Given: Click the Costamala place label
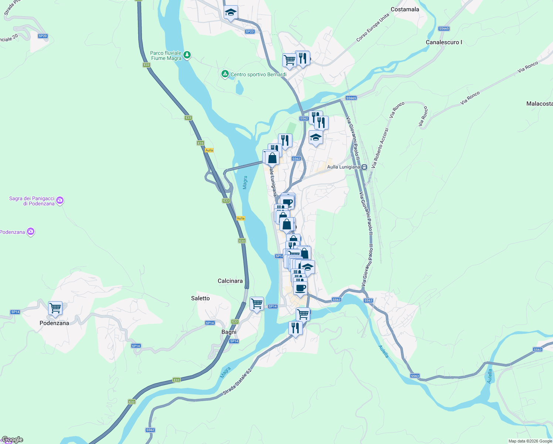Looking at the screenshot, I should tap(405, 9).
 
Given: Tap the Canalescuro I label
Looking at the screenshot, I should tap(444, 42).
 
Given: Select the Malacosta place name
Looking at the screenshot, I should tap(539, 104).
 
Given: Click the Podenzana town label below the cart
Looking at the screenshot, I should tap(54, 323).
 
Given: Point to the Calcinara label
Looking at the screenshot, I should tap(230, 281).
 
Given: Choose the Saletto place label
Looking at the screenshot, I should tap(200, 298).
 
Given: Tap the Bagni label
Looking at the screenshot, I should tap(229, 332).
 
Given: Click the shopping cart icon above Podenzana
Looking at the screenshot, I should tap(55, 308).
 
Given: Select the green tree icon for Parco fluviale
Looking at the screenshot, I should tap(187, 55).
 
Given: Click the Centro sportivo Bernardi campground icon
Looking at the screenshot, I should tap(225, 74).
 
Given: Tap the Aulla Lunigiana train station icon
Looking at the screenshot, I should tap(364, 167).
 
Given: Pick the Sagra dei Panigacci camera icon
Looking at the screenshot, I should tap(60, 201).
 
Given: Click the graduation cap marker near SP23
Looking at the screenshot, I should tap(231, 13).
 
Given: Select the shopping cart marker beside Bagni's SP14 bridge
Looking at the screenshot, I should tap(257, 304).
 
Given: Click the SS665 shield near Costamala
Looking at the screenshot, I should tap(444, 28).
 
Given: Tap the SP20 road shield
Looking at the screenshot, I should tap(43, 36).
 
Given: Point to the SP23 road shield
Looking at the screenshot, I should tap(250, 31).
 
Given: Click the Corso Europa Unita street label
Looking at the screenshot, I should tap(373, 28).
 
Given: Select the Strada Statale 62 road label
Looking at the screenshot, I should tap(237, 381).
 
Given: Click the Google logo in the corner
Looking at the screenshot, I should tap(12, 440).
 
